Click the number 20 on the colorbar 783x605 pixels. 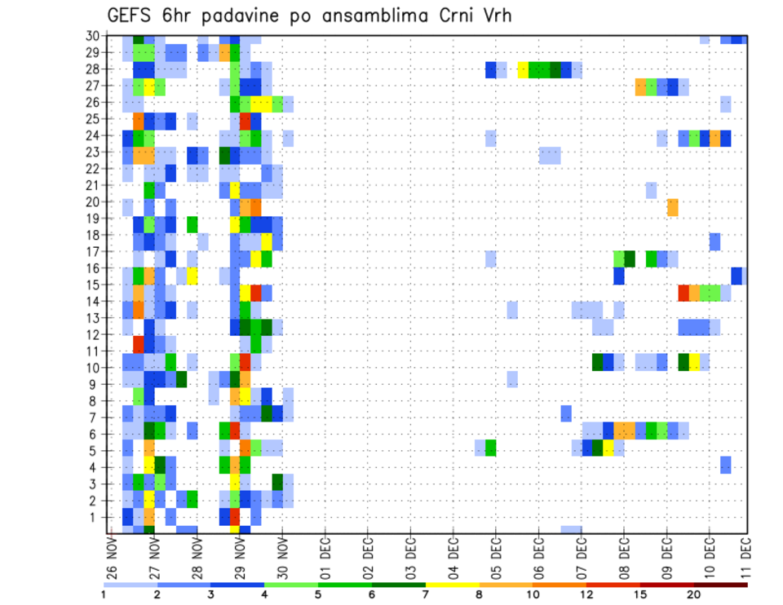coord(694,594)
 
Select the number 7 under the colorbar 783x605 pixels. coord(426,594)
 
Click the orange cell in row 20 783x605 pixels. coord(673,207)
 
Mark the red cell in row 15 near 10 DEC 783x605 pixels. coord(683,292)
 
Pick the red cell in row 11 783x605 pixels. coord(139,342)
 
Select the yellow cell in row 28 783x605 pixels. coord(523,69)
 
